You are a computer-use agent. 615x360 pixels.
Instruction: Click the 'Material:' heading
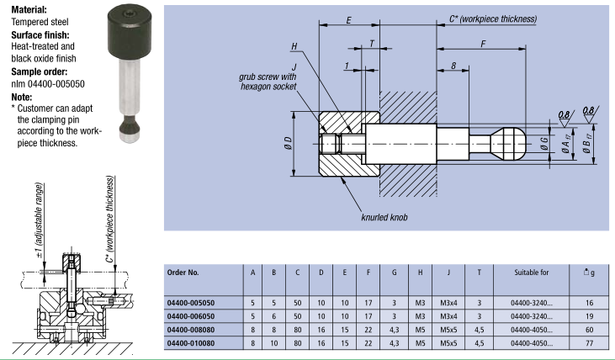pyautogui.click(x=29, y=8)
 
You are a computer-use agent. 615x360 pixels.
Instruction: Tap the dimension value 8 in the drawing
pyautogui.click(x=453, y=66)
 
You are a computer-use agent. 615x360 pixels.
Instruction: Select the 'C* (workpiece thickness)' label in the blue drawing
pyautogui.click(x=492, y=18)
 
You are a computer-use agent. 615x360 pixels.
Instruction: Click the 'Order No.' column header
pyautogui.click(x=183, y=273)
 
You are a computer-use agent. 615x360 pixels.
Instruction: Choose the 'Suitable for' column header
pyautogui.click(x=533, y=273)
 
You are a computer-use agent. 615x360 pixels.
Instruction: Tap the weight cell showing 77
pyautogui.click(x=591, y=343)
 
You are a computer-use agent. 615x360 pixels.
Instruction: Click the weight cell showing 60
pyautogui.click(x=591, y=330)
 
